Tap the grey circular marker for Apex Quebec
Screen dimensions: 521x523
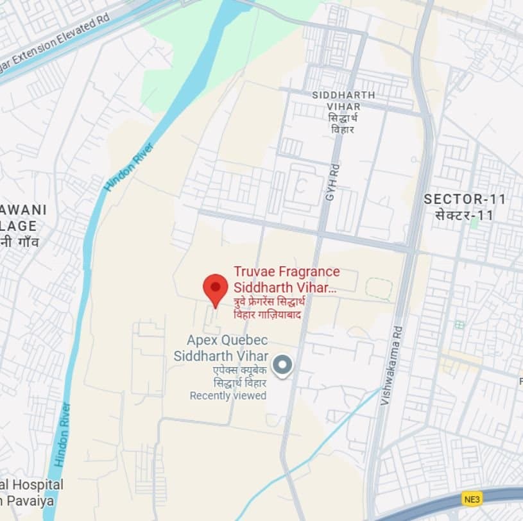282,366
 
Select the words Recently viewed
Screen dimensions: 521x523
228,396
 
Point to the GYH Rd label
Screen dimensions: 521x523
331,184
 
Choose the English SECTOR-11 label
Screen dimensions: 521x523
465,200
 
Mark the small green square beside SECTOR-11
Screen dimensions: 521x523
474,224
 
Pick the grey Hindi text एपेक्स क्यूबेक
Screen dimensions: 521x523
240,371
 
